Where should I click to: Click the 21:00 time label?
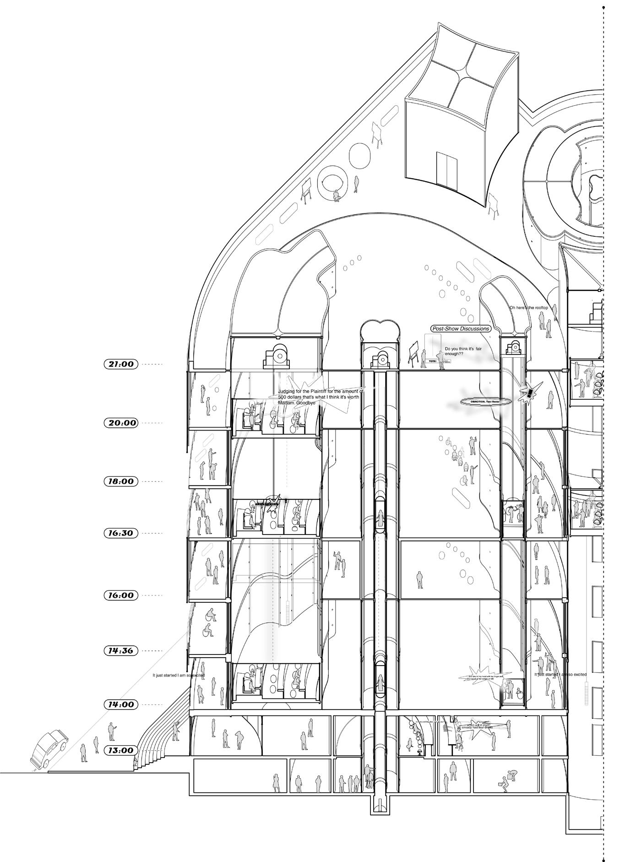coord(121,364)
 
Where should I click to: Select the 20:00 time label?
coord(121,423)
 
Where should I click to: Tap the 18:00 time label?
coord(121,481)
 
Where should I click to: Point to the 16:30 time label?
coord(121,533)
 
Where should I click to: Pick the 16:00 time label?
coord(121,595)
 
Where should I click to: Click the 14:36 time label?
coord(121,650)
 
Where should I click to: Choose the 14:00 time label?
coord(121,704)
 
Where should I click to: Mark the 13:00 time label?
coord(121,750)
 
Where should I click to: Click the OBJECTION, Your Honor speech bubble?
coord(480,401)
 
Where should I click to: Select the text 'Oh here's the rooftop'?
coord(529,308)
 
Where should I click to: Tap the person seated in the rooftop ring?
coord(337,196)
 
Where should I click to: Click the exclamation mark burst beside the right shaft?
coord(530,393)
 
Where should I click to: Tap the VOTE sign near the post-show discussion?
coord(431,361)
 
